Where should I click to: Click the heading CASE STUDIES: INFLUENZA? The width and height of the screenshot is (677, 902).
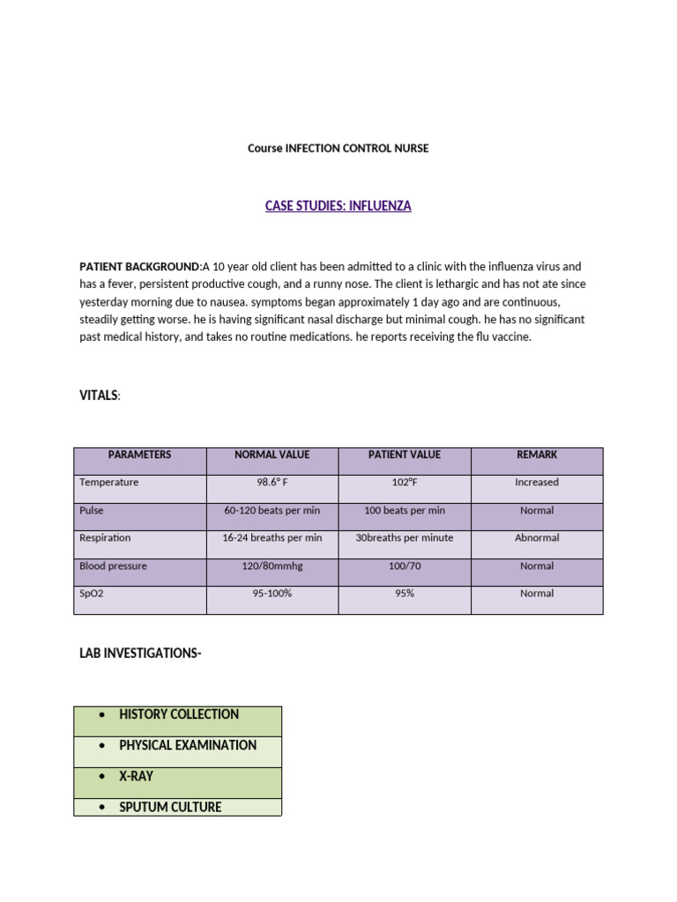[x=338, y=206]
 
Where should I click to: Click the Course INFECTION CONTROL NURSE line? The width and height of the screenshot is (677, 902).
[x=338, y=148]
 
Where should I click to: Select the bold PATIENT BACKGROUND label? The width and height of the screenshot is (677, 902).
[x=140, y=266]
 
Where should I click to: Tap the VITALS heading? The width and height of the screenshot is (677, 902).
[x=99, y=396]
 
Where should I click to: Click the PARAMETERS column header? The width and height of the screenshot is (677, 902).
[x=139, y=455]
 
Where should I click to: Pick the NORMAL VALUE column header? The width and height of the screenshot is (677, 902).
[x=272, y=455]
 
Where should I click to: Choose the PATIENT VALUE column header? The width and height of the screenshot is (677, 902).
[x=405, y=455]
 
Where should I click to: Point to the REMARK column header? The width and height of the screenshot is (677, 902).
[x=537, y=455]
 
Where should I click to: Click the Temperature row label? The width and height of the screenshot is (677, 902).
[x=108, y=483]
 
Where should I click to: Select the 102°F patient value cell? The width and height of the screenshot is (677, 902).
[x=405, y=483]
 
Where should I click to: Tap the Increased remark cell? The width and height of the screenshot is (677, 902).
[x=537, y=483]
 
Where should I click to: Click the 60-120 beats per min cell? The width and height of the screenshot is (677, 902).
[x=272, y=510]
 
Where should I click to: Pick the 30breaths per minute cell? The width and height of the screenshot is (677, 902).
[x=405, y=537]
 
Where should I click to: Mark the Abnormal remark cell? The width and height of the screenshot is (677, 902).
[x=537, y=537]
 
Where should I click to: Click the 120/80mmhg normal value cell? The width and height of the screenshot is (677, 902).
[x=272, y=566]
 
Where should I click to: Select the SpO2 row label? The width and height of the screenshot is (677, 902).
[x=92, y=594]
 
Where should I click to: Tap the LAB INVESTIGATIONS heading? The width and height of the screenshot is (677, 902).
[x=140, y=654]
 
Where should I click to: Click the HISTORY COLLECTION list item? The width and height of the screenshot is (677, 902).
[x=179, y=714]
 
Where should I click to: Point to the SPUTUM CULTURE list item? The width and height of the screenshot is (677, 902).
[x=170, y=807]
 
